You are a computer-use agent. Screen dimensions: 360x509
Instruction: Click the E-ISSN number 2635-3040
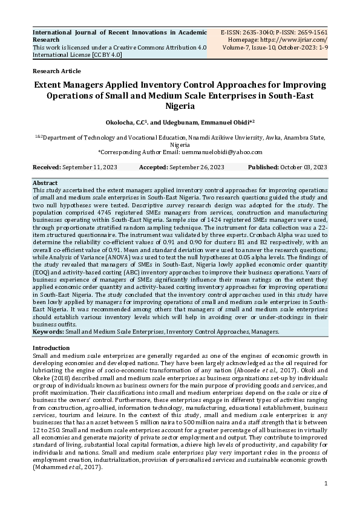tap(258, 31)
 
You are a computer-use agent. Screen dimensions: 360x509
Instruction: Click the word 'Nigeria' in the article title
tap(180, 106)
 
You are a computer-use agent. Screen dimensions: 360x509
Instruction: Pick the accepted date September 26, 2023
tap(197, 167)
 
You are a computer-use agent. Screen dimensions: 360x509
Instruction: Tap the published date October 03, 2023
tap(304, 167)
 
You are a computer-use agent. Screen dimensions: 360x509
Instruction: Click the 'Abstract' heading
tap(45, 183)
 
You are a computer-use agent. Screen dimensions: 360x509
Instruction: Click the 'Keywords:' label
tap(48, 332)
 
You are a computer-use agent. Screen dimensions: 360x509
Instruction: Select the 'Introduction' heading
tap(52, 348)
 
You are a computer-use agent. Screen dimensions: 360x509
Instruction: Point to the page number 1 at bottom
tap(326, 483)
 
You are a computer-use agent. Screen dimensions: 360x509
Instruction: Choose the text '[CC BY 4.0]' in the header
tap(106, 54)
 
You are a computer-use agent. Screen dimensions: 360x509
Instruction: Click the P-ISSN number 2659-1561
tap(309, 31)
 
